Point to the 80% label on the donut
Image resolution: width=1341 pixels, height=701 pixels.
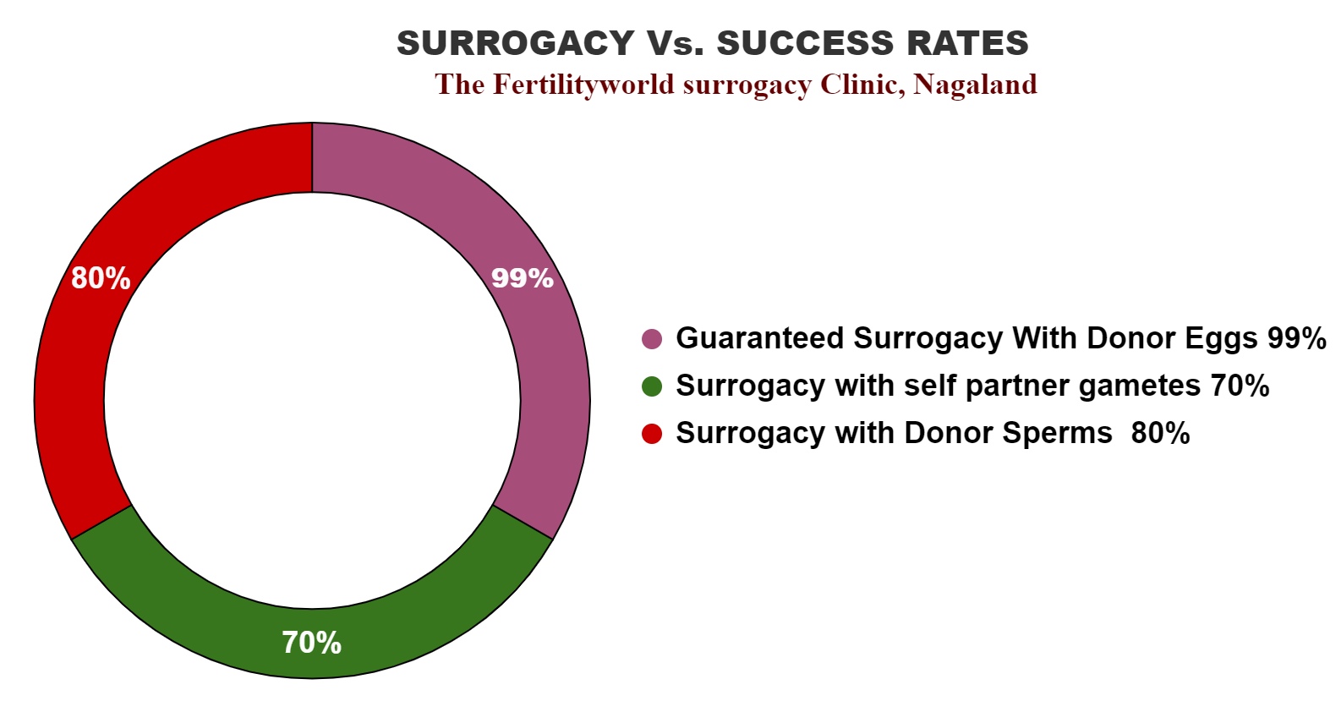click(101, 278)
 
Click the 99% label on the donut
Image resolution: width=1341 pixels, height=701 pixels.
click(523, 278)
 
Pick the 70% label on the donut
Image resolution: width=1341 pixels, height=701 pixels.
click(312, 643)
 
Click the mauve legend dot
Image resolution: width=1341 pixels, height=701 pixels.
click(652, 339)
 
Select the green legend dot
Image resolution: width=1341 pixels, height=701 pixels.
click(652, 386)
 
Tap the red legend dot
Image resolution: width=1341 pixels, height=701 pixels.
click(652, 434)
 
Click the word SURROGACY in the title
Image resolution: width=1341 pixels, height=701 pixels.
click(516, 43)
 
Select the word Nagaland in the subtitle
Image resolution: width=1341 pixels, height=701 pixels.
click(975, 85)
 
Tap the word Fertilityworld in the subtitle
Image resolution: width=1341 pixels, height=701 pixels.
click(583, 85)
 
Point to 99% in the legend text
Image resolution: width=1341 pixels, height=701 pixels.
click(1296, 338)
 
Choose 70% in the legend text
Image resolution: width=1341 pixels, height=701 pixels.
click(1240, 386)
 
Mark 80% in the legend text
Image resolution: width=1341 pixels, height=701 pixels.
click(1160, 433)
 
